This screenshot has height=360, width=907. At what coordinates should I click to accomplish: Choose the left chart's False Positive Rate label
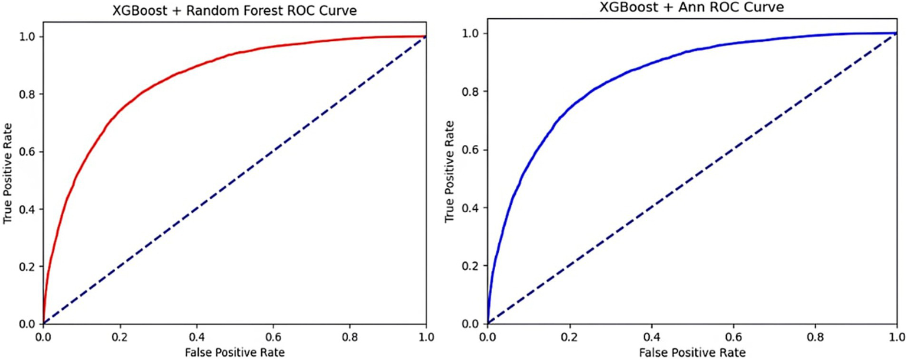pos(235,352)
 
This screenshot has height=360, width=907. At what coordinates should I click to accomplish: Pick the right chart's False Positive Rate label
pos(691,352)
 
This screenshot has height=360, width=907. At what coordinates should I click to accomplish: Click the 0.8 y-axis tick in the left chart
pos(28,94)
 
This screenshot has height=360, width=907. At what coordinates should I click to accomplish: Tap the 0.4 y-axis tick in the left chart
pos(28,209)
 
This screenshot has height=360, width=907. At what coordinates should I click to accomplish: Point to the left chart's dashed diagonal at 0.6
pos(273,151)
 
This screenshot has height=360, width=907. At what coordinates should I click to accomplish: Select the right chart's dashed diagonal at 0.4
pos(651,207)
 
